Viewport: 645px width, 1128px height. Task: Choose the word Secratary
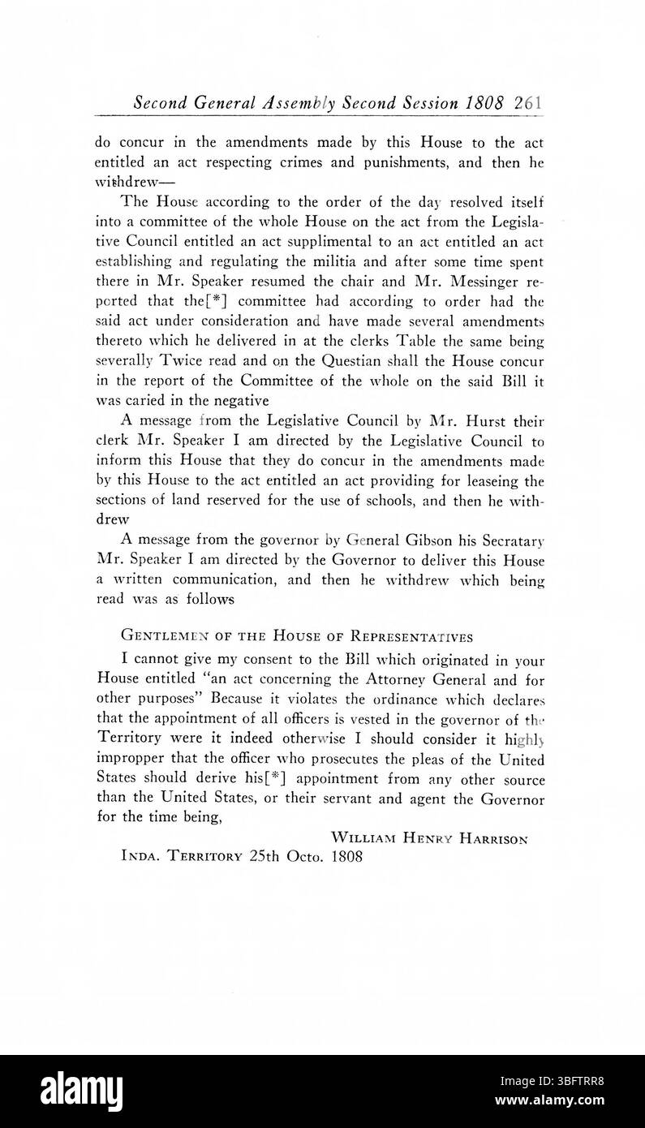pos(509,539)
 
